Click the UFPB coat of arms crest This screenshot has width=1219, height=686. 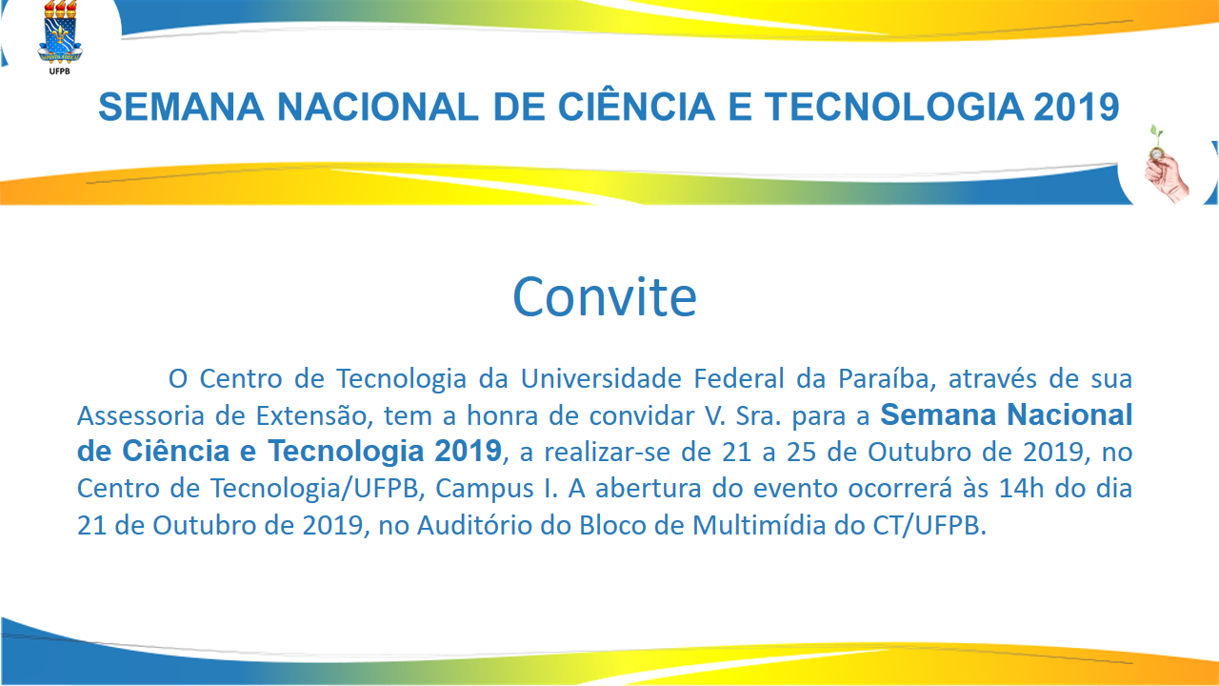60,32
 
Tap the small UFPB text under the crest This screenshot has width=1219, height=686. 59,71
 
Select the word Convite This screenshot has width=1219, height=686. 605,296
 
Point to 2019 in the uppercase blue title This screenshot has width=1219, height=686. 1076,107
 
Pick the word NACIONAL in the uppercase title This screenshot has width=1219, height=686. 378,107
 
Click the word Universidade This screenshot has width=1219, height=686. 601,378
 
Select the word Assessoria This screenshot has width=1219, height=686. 140,416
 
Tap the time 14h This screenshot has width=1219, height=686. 1022,489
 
